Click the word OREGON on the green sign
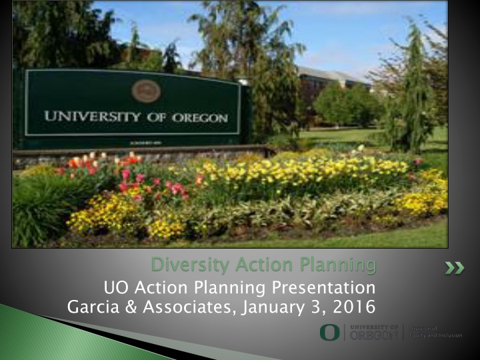coord(196,119)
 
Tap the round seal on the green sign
coord(146,91)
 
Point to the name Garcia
coord(93,307)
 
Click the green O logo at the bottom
coord(329,332)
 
